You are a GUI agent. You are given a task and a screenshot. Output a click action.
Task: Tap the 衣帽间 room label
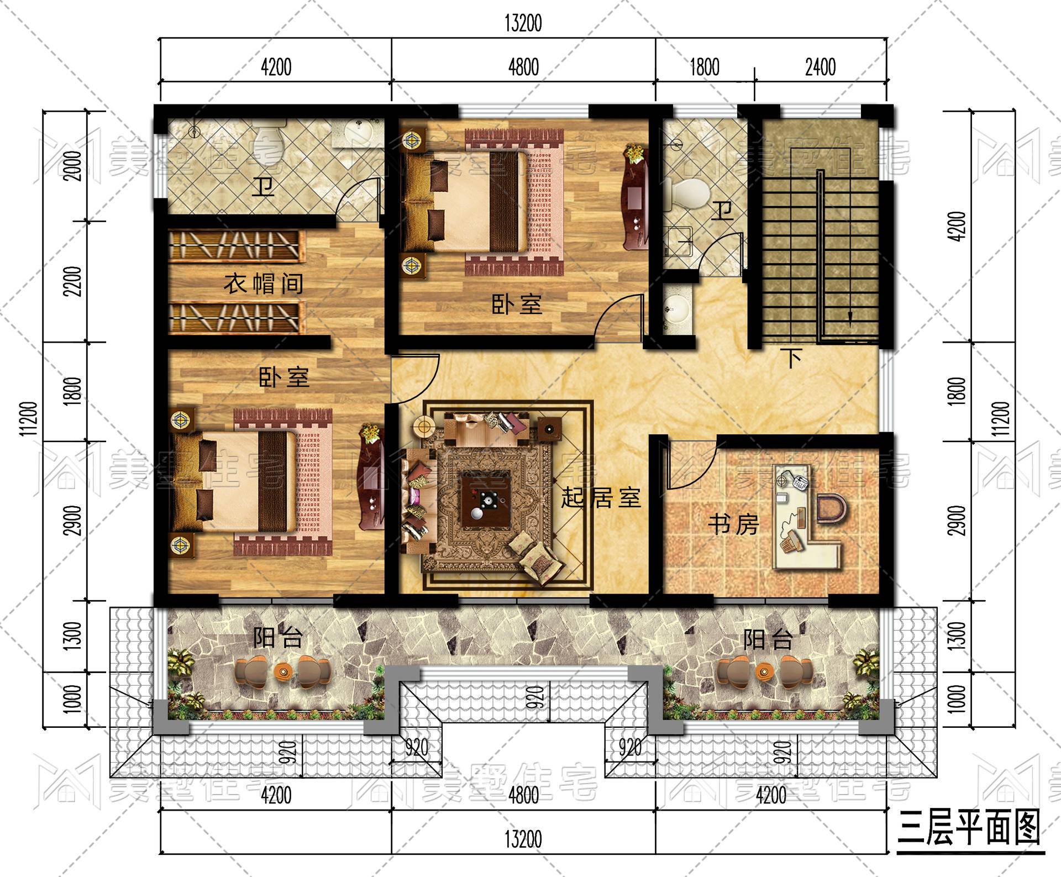click(x=263, y=284)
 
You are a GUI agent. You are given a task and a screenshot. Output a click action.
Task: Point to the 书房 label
click(x=733, y=524)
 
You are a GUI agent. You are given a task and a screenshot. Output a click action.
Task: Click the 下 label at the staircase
click(x=794, y=358)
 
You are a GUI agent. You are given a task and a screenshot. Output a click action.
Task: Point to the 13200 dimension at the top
click(x=523, y=24)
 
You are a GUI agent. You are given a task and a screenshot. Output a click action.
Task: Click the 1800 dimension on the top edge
click(x=705, y=67)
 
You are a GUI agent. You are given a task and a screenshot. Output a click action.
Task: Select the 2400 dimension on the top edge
click(x=820, y=67)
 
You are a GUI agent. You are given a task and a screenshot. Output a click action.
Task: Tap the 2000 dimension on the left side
click(x=73, y=166)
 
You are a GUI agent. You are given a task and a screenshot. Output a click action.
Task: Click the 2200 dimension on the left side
click(x=73, y=281)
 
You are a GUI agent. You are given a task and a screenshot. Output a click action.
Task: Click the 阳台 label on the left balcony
click(x=278, y=638)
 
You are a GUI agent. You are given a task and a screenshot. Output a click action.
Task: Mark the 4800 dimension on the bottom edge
click(x=523, y=796)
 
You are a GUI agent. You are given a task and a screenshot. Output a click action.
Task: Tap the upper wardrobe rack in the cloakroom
click(x=237, y=246)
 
